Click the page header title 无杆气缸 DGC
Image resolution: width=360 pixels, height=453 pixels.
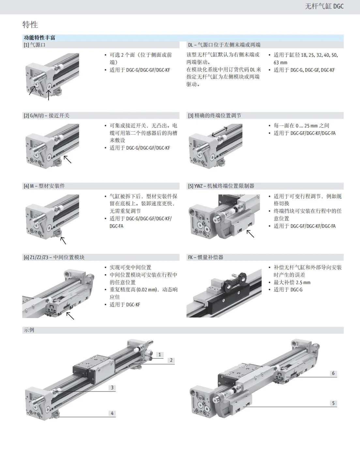[324, 6]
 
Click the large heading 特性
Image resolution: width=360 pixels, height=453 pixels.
[30, 25]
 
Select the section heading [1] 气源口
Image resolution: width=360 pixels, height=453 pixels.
[35, 45]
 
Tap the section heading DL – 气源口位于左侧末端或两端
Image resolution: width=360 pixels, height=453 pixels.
[224, 45]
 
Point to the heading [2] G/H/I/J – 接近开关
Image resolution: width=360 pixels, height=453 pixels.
[47, 116]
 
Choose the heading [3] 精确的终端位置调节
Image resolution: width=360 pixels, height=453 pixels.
[215, 116]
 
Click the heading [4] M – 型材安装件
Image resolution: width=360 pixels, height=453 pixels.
[44, 186]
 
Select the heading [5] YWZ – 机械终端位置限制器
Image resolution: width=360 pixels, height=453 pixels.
[221, 186]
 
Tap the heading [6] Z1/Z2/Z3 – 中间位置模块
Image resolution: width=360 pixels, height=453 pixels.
[54, 257]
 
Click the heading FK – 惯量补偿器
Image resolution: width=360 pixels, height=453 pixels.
[205, 257]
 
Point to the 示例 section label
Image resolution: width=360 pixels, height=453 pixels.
[29, 330]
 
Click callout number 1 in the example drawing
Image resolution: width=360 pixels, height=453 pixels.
[160, 355]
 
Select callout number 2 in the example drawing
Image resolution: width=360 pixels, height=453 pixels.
[171, 360]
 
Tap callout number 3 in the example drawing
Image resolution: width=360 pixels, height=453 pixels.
[112, 388]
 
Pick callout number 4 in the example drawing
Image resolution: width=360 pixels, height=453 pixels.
[112, 414]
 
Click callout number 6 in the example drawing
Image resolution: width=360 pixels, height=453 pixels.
[333, 373]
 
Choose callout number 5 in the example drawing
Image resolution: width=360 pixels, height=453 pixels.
[333, 403]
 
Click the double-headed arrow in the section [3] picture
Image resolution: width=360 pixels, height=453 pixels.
[219, 132]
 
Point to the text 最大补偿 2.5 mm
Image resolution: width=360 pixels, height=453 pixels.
[292, 283]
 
